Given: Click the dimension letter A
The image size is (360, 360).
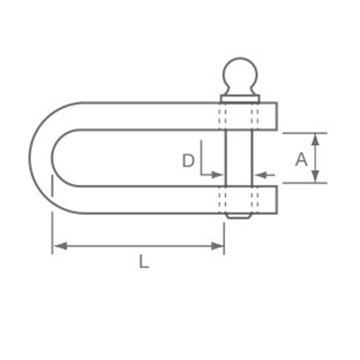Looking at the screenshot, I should point(301,159).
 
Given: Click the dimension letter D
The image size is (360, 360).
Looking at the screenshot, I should point(188,161).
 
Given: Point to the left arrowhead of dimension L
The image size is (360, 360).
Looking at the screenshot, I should point(60,246).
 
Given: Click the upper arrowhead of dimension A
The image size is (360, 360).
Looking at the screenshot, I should point(315,139).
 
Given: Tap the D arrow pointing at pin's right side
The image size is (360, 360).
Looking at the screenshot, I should point(260,175).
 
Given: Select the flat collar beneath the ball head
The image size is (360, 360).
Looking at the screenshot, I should point(240,98).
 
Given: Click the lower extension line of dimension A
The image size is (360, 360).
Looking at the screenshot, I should point(305,183).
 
